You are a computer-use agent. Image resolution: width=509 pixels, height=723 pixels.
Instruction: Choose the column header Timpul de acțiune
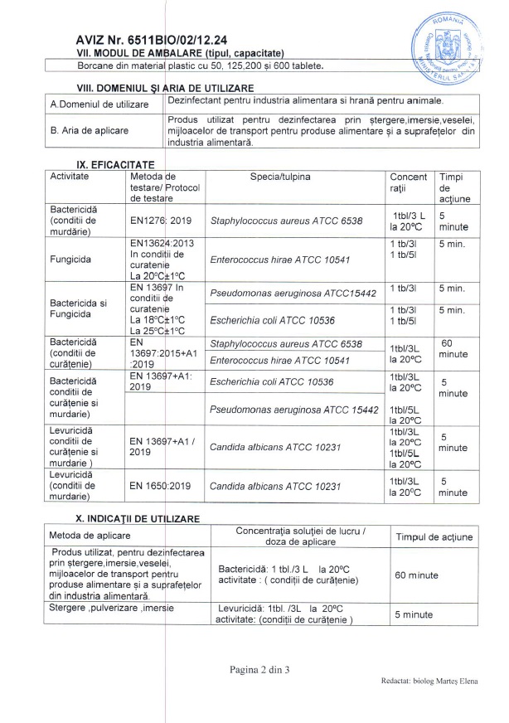tap(434, 537)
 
